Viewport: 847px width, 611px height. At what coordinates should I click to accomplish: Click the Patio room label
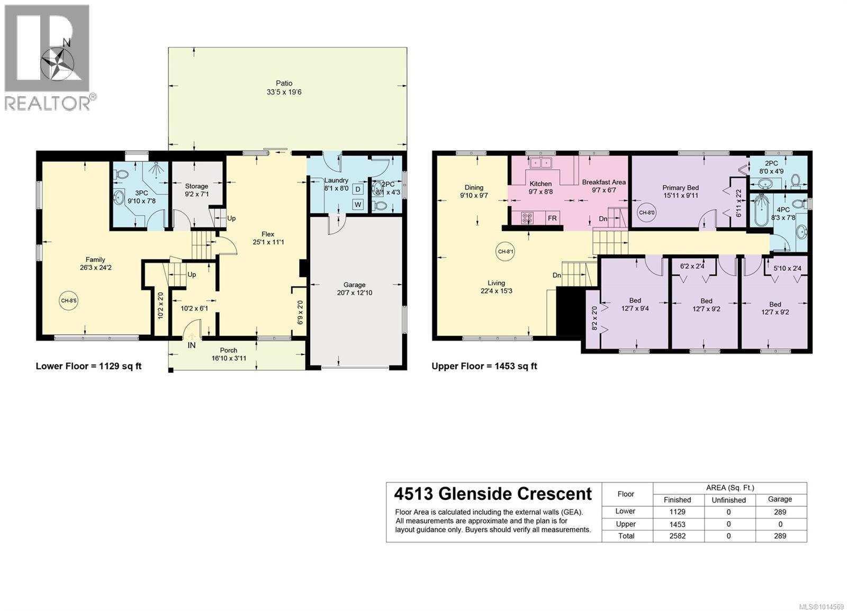(284, 83)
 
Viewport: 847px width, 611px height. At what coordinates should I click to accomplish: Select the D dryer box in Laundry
(358, 189)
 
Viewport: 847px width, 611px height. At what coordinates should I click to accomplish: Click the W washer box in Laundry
(358, 204)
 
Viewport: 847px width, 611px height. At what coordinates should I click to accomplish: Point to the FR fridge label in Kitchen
(552, 218)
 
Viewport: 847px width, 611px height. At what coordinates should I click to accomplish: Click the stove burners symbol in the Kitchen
(527, 218)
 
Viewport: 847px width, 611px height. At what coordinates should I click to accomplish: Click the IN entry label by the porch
(192, 345)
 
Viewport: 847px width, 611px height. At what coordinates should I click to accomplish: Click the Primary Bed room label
(680, 187)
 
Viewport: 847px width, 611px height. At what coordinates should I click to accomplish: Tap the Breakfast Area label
(603, 182)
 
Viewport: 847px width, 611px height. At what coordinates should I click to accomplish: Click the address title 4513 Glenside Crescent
(493, 494)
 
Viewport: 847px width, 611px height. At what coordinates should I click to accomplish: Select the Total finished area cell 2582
(677, 536)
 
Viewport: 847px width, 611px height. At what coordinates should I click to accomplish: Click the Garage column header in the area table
(780, 499)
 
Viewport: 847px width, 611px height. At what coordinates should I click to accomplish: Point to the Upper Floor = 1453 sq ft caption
(484, 366)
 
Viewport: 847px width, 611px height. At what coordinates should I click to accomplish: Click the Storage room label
(196, 186)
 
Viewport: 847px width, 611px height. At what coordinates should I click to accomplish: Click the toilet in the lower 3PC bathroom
(121, 174)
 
